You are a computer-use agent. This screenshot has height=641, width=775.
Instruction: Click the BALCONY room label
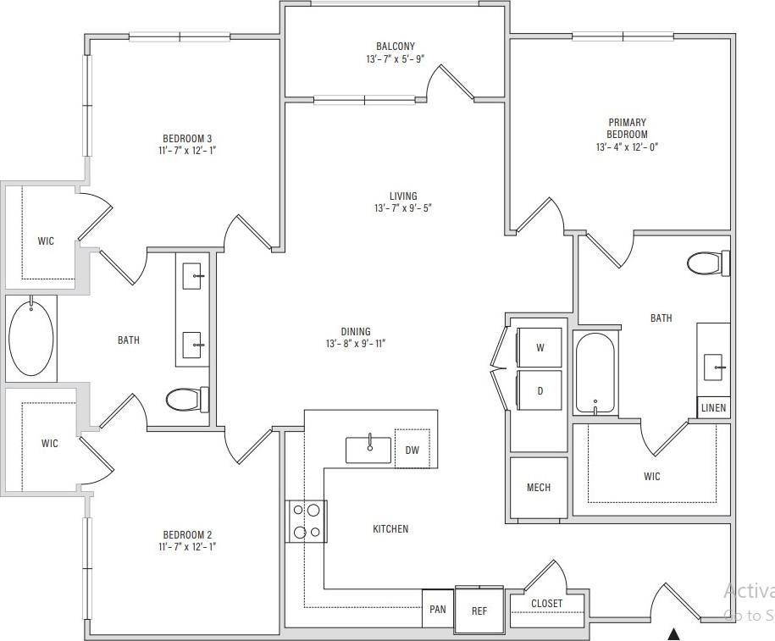(396, 47)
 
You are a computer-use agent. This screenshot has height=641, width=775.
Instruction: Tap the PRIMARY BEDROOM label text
(627, 129)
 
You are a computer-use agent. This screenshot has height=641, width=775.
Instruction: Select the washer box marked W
(540, 347)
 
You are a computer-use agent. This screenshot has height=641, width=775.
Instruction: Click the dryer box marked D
(540, 390)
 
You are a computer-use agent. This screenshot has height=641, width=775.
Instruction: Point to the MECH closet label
(538, 487)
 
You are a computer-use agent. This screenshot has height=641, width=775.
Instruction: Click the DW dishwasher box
(412, 450)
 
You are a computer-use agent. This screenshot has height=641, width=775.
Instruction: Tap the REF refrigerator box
(479, 611)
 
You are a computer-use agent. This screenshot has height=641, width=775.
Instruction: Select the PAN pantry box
(438, 609)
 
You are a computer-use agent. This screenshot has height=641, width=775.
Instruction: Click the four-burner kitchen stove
(307, 521)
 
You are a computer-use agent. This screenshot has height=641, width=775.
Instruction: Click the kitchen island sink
(368, 450)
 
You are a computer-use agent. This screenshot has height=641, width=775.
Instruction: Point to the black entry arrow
(674, 632)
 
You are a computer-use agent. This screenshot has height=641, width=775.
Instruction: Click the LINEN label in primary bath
(713, 407)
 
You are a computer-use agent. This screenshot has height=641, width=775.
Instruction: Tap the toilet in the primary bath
(707, 263)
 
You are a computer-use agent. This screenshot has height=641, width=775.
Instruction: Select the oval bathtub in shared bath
(31, 337)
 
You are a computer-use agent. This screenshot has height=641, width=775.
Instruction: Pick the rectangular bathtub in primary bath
(595, 373)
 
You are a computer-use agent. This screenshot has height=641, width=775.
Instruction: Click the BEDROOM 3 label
(187, 139)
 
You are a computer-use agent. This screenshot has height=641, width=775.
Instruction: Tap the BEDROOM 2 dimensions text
(187, 547)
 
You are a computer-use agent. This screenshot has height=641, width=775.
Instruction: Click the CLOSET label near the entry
(546, 604)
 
